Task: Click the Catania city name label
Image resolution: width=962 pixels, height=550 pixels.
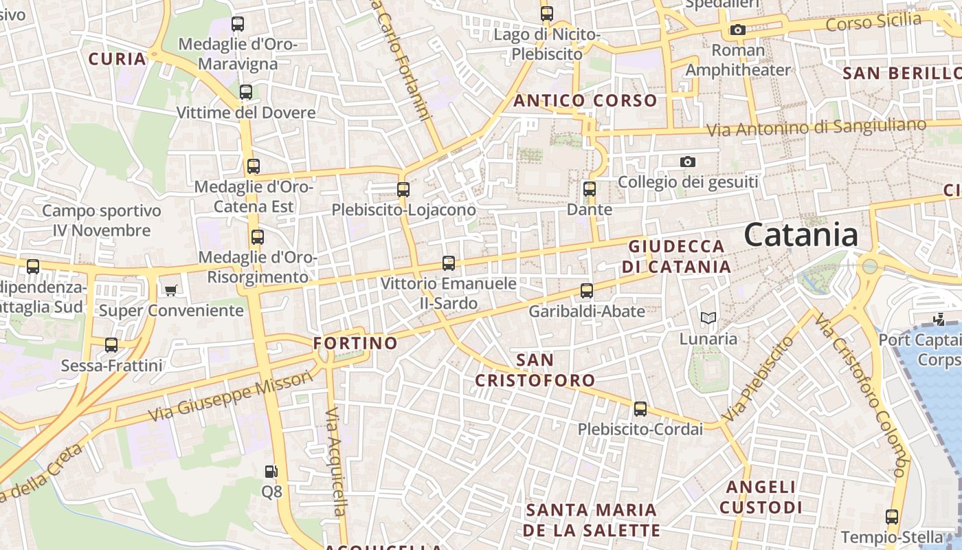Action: pos(801,235)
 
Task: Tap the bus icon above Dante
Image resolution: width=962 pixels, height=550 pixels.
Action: pos(590,189)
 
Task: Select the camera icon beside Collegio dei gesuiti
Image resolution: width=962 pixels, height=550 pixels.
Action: pos(687,162)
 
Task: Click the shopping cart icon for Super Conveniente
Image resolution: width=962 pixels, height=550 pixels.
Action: pos(170,290)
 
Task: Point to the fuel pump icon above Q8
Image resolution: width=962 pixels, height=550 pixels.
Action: pos(271,472)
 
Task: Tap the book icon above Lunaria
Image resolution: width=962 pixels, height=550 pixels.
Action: pos(708,318)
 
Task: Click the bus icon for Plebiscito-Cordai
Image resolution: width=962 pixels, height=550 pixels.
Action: pos(640,409)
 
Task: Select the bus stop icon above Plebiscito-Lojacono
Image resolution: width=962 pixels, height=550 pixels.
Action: pos(403,189)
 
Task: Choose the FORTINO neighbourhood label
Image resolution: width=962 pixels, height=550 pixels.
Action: pos(355,342)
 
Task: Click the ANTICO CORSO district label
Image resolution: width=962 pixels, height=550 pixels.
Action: pos(585,100)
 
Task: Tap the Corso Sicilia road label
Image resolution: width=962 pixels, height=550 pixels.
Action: pos(873,22)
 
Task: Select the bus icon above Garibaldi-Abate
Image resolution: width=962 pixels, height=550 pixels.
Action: pos(587,291)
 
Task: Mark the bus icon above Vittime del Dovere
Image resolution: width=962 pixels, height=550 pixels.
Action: pos(246,91)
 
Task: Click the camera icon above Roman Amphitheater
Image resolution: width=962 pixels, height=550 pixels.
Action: pos(738,30)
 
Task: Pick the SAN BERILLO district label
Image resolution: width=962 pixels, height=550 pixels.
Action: pos(902,73)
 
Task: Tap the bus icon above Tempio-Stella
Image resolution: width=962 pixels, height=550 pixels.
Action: pos(892,516)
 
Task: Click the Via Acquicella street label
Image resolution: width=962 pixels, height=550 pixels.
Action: pos(335,461)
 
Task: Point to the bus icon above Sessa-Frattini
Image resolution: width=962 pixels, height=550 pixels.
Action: pos(111,344)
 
